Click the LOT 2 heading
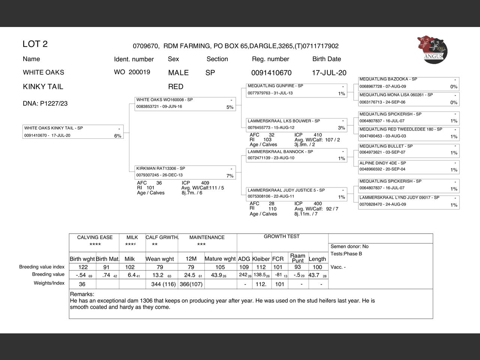pos(35,44)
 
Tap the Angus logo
pos(432,49)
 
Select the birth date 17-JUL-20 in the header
pos(329,73)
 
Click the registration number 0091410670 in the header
pos(271,73)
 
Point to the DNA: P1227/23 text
pos(45,103)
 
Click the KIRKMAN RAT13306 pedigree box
pos(185,172)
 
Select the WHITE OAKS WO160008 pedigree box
pos(185,104)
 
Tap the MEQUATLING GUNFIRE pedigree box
pos(297,90)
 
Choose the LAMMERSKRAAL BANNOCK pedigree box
pos(297,155)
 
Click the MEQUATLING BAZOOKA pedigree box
pos(408,83)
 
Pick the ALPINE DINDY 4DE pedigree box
pos(408,166)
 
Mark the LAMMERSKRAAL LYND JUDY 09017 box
pos(408,201)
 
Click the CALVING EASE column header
pos(94,237)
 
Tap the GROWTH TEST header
pos(282,237)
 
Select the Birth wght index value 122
pos(83,267)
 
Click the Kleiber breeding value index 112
pos(261,267)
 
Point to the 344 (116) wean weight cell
pos(163,284)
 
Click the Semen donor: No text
pos(349,246)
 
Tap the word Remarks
pos(82,294)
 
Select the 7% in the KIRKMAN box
pos(230,176)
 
